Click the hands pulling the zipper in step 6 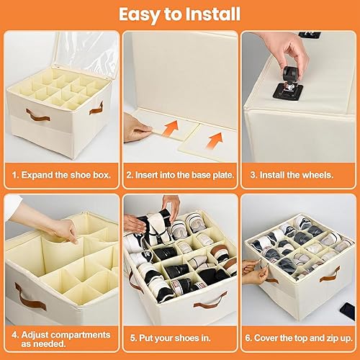[x=252, y=269]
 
